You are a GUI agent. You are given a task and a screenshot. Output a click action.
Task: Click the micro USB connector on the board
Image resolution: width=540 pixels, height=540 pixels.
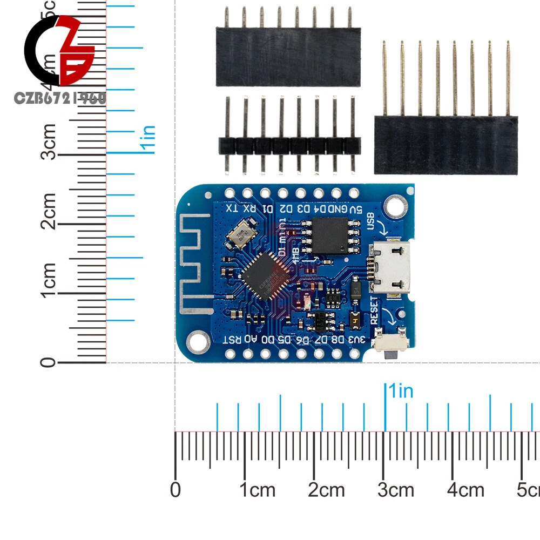click(x=390, y=268)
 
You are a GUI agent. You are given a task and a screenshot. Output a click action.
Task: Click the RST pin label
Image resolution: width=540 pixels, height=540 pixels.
click(x=230, y=339)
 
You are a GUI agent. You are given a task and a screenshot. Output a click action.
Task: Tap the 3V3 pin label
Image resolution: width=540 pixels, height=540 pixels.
click(x=356, y=339)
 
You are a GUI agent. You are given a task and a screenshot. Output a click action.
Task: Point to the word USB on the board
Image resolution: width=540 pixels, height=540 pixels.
click(x=372, y=221)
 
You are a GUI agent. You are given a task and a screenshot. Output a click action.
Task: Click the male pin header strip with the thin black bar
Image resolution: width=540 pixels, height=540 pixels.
click(x=289, y=144)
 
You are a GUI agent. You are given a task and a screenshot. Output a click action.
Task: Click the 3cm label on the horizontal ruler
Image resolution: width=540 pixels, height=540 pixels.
click(x=395, y=490)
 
